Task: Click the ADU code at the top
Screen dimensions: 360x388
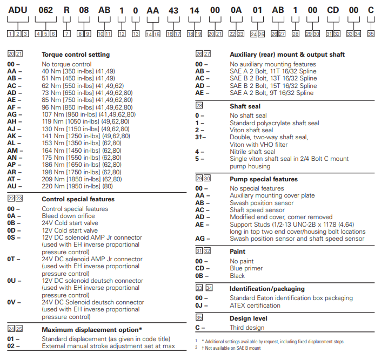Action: point(18,10)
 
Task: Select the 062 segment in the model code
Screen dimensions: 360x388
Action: point(45,10)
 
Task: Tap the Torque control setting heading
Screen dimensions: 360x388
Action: point(76,55)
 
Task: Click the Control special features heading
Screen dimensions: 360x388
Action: point(78,199)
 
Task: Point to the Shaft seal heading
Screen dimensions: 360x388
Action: point(246,106)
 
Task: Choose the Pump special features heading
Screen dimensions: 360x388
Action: point(264,179)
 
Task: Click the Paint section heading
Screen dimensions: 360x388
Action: point(237,252)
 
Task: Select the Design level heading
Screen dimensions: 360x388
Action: point(249,318)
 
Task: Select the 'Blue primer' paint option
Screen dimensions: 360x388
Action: point(246,269)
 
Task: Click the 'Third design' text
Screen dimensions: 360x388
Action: point(247,328)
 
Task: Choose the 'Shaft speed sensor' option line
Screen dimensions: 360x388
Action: point(258,210)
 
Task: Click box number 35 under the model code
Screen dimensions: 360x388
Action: point(370,33)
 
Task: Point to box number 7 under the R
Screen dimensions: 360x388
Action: point(66,33)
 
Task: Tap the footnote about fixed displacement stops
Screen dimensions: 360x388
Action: point(273,342)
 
